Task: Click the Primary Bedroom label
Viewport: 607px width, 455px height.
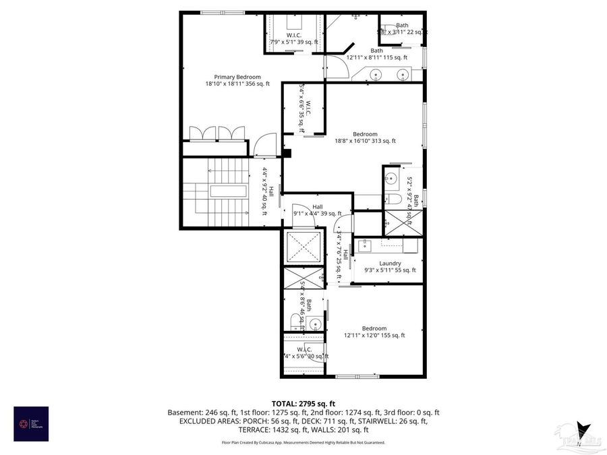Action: click(237, 80)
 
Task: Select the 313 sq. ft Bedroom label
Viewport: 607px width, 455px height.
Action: click(365, 138)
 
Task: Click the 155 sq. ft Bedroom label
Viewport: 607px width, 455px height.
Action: click(374, 332)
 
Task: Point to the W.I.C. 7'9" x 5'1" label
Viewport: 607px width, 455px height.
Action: click(293, 38)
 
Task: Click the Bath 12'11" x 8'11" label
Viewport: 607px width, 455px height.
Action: click(376, 54)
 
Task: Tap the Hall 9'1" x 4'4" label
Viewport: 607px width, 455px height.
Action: click(317, 210)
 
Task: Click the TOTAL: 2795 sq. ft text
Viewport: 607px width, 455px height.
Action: click(303, 402)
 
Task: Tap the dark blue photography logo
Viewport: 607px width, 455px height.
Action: click(31, 423)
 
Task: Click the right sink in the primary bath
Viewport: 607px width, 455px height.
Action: click(403, 74)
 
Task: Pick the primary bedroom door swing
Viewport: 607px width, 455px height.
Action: click(265, 143)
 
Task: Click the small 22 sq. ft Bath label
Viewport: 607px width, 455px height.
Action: click(401, 28)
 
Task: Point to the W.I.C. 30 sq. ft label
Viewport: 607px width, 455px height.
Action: click(305, 353)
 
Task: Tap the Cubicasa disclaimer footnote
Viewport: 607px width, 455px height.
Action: click(303, 442)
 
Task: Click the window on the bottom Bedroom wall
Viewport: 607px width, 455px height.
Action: click(353, 375)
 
